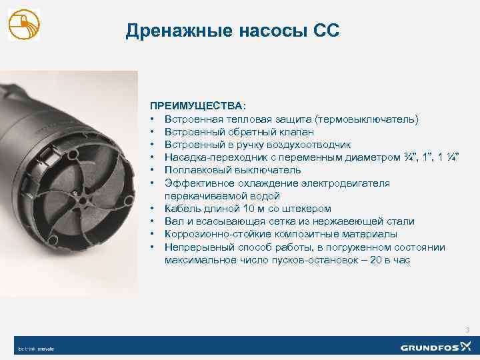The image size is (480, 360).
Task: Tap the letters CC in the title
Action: pyautogui.click(x=326, y=31)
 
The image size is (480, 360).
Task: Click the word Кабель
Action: pyautogui.click(x=181, y=209)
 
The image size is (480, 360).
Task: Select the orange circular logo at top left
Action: pyautogui.click(x=23, y=25)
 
